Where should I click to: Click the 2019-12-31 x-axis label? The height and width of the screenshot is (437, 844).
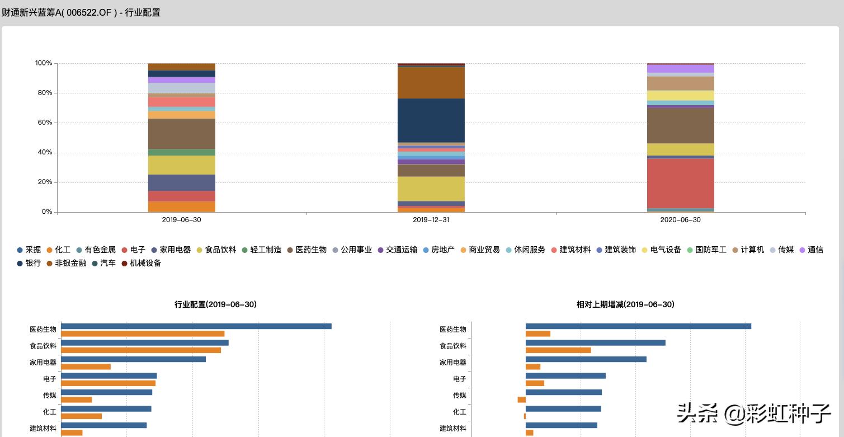click(431, 220)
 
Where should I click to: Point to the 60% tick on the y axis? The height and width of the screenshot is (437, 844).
click(44, 123)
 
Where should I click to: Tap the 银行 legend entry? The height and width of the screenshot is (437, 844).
click(29, 263)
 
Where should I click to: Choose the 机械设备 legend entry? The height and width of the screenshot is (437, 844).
click(141, 263)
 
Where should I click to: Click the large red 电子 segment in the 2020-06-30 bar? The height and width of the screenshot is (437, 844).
click(680, 183)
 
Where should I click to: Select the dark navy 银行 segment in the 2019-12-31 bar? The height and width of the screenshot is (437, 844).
click(431, 120)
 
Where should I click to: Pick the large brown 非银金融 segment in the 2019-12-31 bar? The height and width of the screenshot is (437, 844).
click(431, 82)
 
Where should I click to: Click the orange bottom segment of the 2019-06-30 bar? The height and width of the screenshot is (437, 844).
click(181, 206)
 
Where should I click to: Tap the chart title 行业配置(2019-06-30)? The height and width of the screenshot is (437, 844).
click(215, 304)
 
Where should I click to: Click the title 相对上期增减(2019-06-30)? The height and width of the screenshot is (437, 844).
click(625, 304)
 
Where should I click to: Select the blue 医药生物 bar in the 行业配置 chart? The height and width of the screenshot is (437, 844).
click(196, 326)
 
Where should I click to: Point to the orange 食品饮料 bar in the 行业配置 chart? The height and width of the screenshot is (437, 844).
click(140, 350)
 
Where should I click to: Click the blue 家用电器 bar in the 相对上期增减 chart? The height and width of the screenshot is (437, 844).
click(586, 359)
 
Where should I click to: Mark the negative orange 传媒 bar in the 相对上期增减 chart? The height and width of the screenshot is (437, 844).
click(521, 400)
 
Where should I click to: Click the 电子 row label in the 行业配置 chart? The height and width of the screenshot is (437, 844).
click(50, 379)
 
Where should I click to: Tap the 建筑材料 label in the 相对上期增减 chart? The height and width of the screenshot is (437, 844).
click(452, 429)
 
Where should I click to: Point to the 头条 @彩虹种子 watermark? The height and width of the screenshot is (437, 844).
click(753, 413)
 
